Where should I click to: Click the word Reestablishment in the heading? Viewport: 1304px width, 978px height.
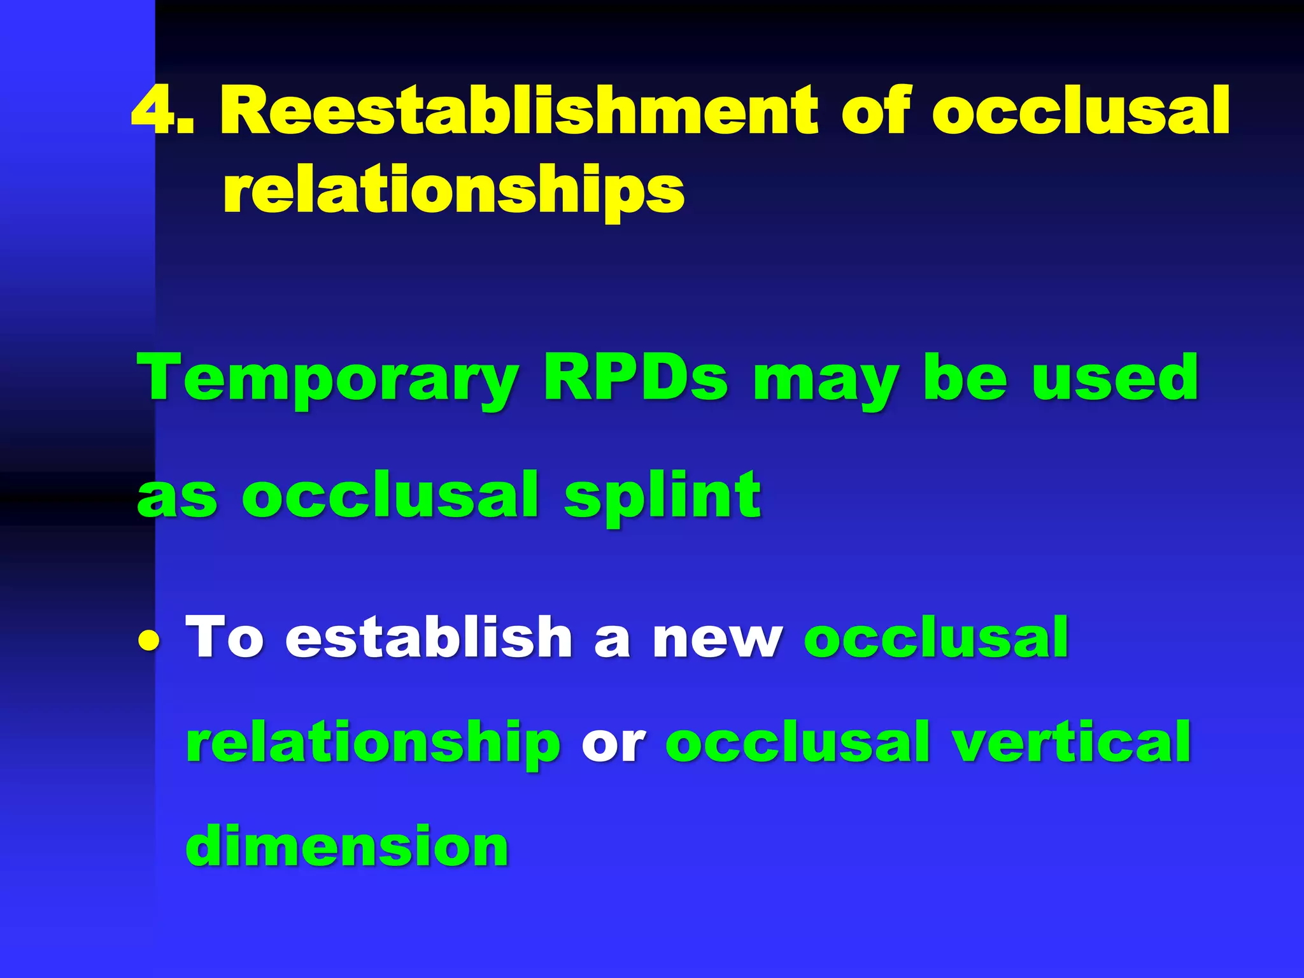518,111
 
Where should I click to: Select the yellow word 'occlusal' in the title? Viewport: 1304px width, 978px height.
1081,111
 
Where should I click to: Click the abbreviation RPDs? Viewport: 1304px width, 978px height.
635,379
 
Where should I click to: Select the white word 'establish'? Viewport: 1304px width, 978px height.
429,637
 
